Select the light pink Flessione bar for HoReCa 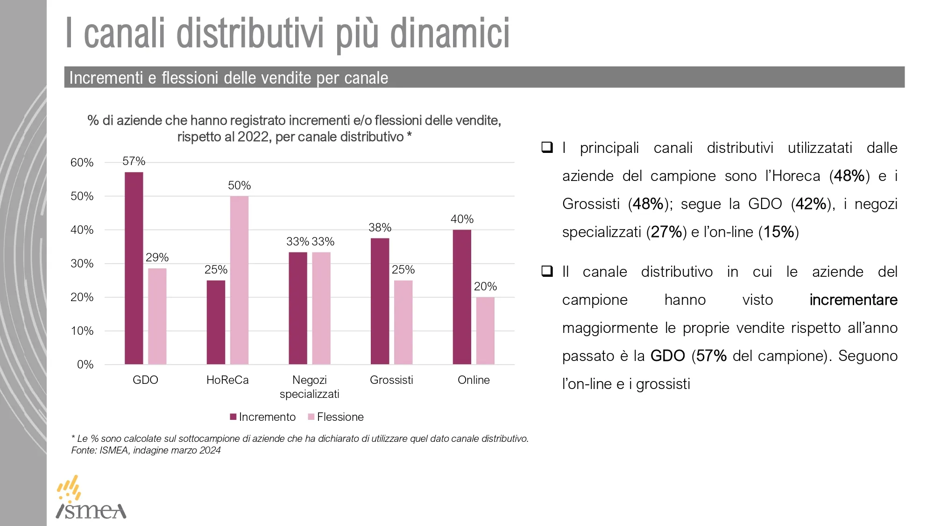(239, 280)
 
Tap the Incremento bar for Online (462, 297)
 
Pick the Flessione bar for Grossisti (403, 322)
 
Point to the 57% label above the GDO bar (134, 161)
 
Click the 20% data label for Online (485, 287)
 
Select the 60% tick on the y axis (82, 163)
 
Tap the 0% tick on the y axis (85, 365)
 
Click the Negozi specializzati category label (309, 387)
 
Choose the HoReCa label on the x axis (227, 380)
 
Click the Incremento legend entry (263, 417)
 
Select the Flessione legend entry (336, 417)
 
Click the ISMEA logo (91, 498)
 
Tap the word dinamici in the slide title (450, 34)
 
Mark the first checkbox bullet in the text (547, 147)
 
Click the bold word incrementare (853, 300)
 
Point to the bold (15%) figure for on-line (778, 232)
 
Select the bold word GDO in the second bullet (667, 356)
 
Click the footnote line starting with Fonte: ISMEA (146, 450)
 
